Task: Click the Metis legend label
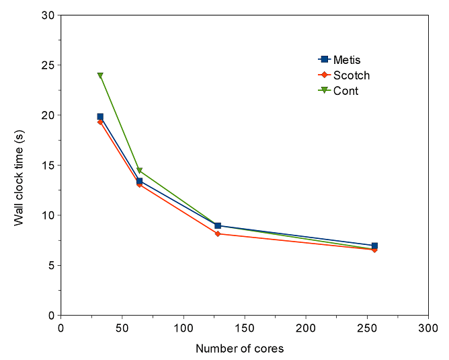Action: [347, 60]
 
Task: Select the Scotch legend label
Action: [352, 75]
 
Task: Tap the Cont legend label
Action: [346, 91]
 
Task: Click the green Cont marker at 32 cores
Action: [100, 75]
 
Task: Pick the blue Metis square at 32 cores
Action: [100, 117]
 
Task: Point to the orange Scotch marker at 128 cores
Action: [218, 233]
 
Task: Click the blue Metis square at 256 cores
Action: [374, 246]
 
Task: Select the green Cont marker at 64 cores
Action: [139, 171]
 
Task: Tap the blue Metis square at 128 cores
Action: [218, 225]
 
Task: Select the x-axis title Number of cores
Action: [239, 349]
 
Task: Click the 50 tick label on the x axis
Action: [122, 329]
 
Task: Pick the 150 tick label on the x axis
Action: [245, 329]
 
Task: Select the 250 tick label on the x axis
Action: [367, 329]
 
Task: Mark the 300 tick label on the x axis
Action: [428, 329]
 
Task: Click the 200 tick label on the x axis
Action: [306, 329]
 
